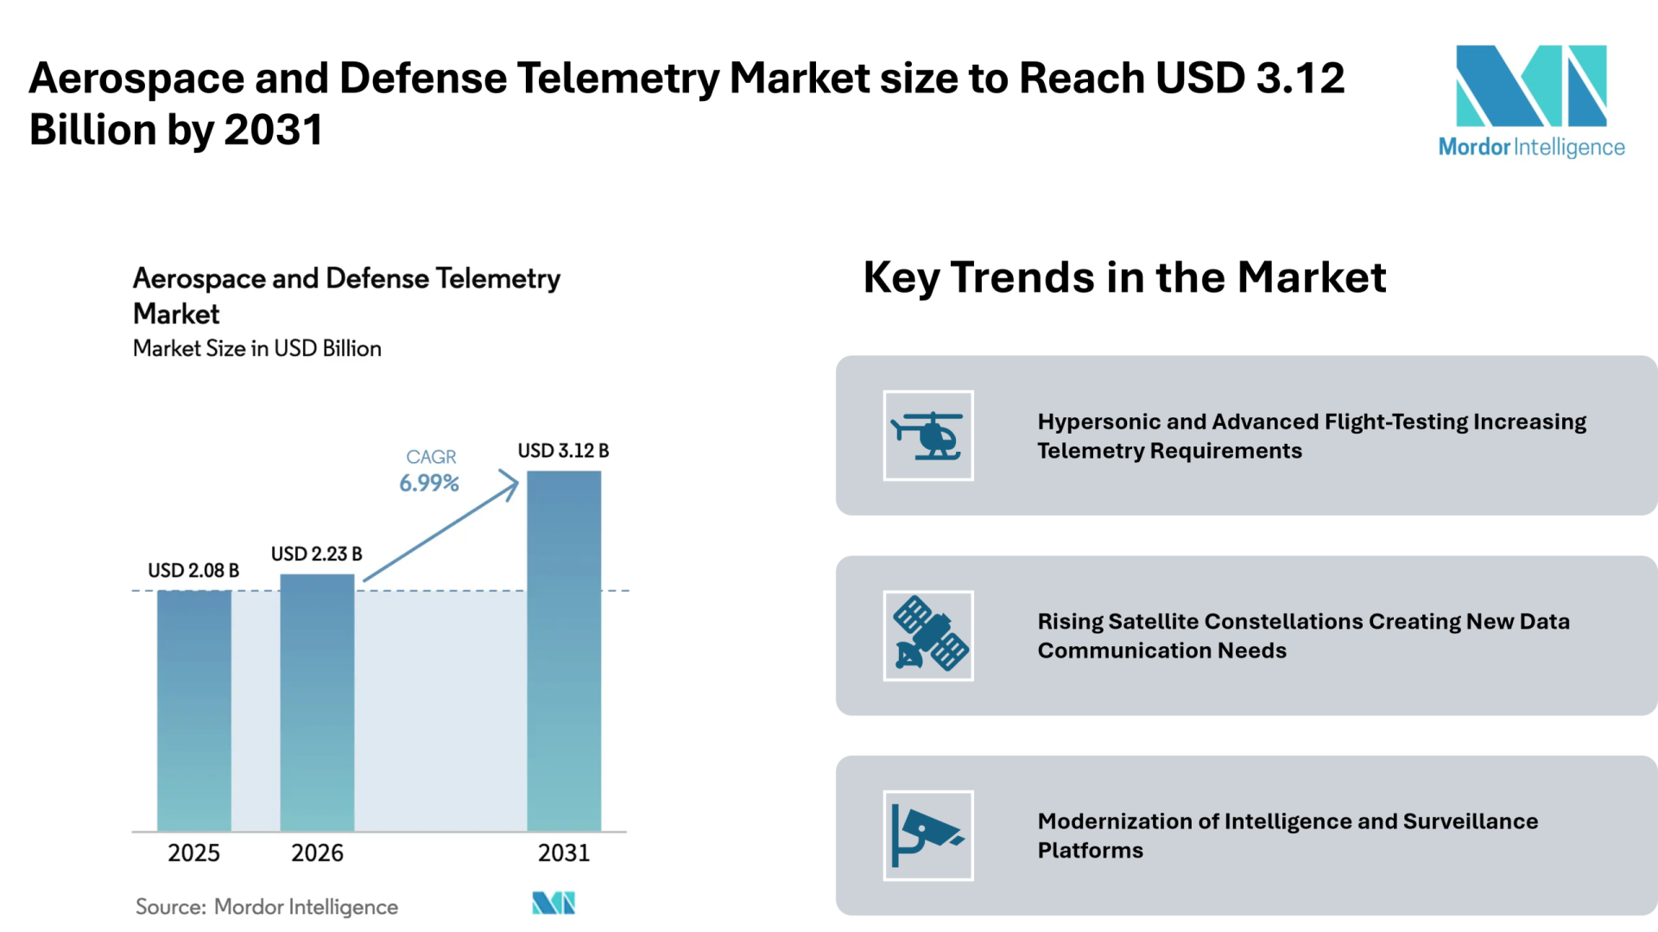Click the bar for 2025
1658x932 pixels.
click(194, 711)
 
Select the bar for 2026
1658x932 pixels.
click(317, 703)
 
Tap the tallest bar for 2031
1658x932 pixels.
click(564, 651)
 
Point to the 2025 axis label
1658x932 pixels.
click(193, 853)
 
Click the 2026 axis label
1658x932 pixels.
click(317, 853)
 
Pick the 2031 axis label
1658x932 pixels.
click(564, 853)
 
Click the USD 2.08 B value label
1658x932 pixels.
click(193, 571)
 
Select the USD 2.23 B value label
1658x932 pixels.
click(317, 554)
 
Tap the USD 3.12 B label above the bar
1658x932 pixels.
click(563, 451)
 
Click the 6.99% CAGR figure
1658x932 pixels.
click(429, 483)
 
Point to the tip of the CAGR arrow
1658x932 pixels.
click(518, 478)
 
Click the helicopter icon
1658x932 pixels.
click(928, 435)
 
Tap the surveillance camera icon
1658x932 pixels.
click(927, 835)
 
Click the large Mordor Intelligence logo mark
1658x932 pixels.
click(1531, 86)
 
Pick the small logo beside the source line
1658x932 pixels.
click(554, 903)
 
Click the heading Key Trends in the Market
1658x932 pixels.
click(1124, 278)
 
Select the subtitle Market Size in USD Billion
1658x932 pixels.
click(257, 348)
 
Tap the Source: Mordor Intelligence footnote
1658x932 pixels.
click(267, 907)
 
